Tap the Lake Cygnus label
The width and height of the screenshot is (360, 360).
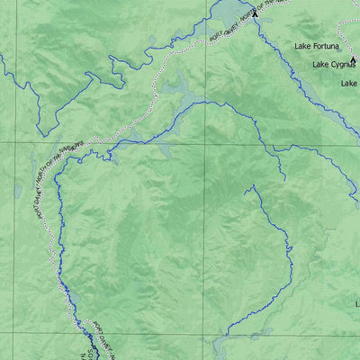tap(333, 64)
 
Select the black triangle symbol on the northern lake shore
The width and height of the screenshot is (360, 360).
tap(255, 13)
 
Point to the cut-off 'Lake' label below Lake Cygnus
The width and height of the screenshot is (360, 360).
tap(350, 83)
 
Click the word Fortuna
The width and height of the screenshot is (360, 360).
tap(330, 45)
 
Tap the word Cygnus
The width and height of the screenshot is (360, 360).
tap(342, 64)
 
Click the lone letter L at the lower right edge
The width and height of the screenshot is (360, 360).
tap(357, 304)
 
